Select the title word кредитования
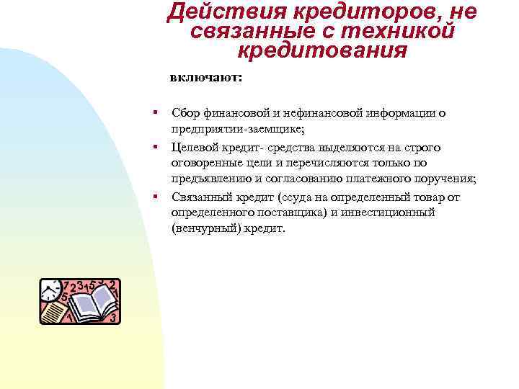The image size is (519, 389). click(322, 51)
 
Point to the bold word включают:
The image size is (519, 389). click(206, 77)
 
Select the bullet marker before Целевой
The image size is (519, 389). click(154, 147)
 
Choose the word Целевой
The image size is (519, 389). click(195, 147)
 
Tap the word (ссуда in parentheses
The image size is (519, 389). click(291, 197)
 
